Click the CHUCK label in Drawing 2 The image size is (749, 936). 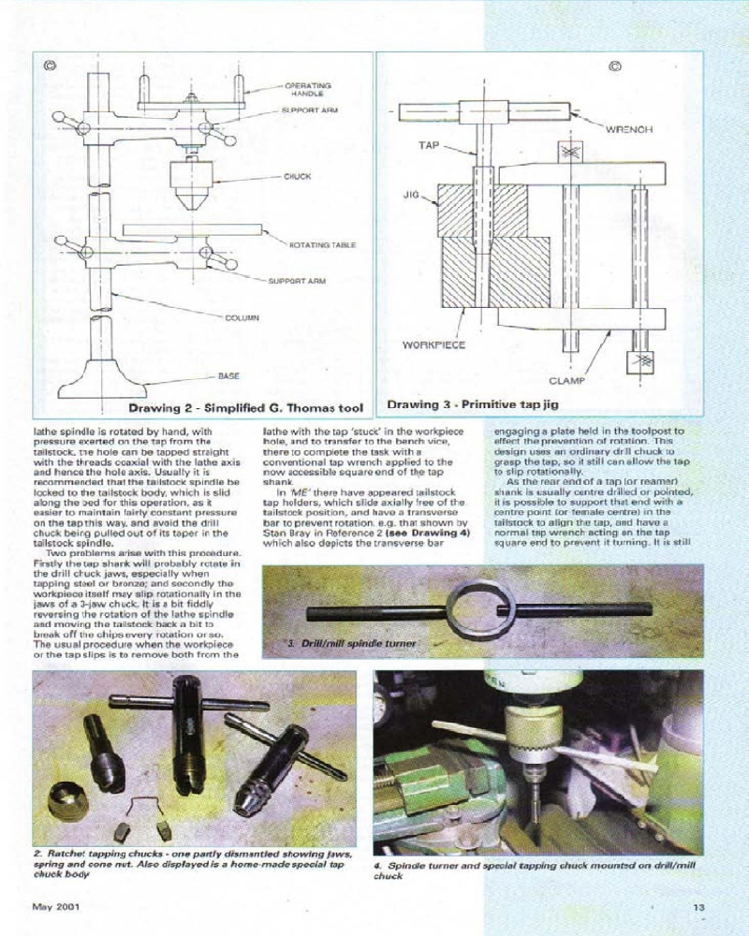coord(297,175)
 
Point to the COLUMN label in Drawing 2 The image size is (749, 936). coord(242,318)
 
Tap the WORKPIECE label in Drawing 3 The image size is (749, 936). coord(433,344)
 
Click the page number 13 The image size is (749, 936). coord(698,906)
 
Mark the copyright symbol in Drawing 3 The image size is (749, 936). coord(615,66)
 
